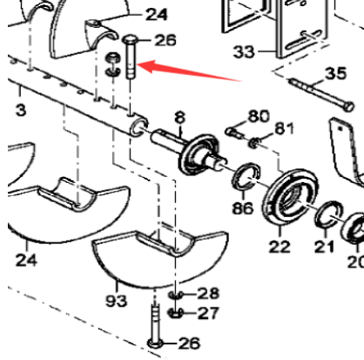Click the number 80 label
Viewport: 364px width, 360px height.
click(x=259, y=115)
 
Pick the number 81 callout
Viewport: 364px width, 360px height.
click(x=284, y=131)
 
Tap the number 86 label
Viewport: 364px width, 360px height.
click(x=243, y=209)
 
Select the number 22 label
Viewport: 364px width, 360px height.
click(x=280, y=247)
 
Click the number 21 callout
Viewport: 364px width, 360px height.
click(x=325, y=248)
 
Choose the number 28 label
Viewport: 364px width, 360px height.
click(x=210, y=295)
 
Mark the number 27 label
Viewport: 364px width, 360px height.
click(x=210, y=313)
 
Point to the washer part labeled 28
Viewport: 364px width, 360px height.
click(x=176, y=295)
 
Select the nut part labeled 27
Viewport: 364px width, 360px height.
click(x=177, y=312)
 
